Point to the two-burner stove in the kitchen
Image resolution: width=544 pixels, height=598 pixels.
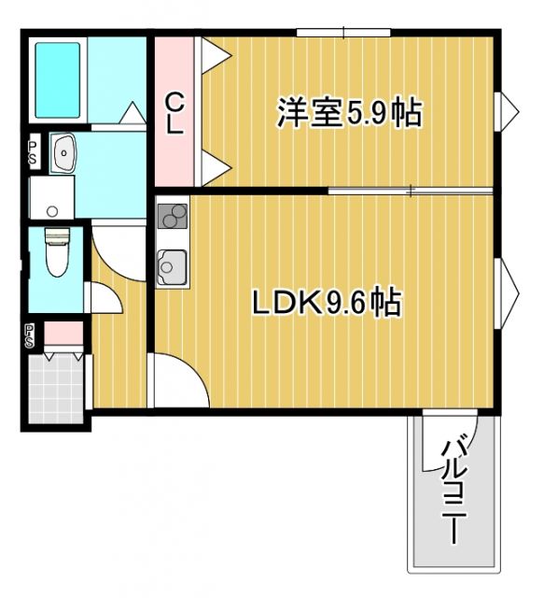(173, 217)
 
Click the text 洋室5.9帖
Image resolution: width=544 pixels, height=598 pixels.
(348, 113)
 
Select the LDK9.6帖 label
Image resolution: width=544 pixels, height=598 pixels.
(326, 302)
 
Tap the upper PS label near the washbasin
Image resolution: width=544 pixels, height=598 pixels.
(33, 152)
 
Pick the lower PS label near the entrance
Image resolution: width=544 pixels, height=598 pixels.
(32, 335)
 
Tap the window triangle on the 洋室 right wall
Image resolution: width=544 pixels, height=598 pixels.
(509, 110)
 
